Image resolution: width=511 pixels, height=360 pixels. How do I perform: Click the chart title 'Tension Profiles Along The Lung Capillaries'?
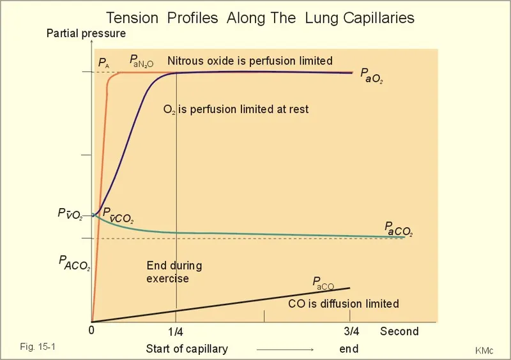tap(260, 18)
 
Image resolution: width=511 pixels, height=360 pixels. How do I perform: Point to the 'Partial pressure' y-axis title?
tap(86, 34)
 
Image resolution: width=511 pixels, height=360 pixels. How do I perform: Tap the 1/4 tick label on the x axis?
tap(176, 332)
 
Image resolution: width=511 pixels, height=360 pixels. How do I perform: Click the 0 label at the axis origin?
tap(91, 331)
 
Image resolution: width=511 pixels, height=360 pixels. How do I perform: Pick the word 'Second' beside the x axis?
tap(399, 331)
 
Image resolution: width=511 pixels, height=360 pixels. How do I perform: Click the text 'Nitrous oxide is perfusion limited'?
tap(250, 61)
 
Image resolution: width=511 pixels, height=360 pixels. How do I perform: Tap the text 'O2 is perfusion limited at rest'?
tap(236, 109)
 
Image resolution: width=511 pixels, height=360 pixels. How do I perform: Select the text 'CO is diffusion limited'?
tap(344, 304)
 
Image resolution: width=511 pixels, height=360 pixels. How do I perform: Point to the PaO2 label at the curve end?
tap(372, 77)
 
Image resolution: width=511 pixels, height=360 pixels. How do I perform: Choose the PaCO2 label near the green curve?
tap(398, 229)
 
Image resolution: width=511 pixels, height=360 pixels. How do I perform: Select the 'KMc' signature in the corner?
tap(484, 350)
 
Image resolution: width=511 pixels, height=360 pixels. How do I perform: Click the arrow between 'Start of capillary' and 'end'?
tap(284, 350)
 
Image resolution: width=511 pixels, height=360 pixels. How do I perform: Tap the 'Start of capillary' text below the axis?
tap(187, 349)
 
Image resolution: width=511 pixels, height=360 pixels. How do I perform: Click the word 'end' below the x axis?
tap(349, 349)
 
